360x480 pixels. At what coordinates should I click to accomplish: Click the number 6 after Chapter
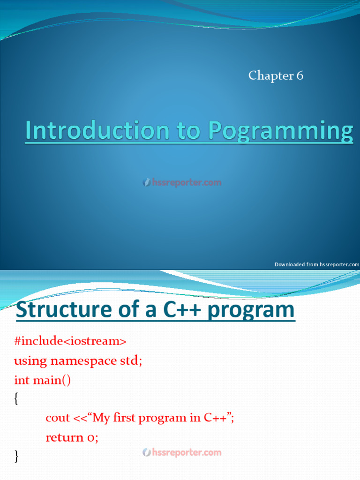[299, 75]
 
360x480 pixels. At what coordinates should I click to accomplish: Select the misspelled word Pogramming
[280, 131]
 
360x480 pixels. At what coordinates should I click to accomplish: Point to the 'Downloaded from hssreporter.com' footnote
[316, 264]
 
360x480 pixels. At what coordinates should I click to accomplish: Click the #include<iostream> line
[70, 341]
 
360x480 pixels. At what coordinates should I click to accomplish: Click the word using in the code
[30, 361]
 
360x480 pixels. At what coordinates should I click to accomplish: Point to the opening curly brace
[17, 399]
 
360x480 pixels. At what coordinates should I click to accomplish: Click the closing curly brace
[17, 456]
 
